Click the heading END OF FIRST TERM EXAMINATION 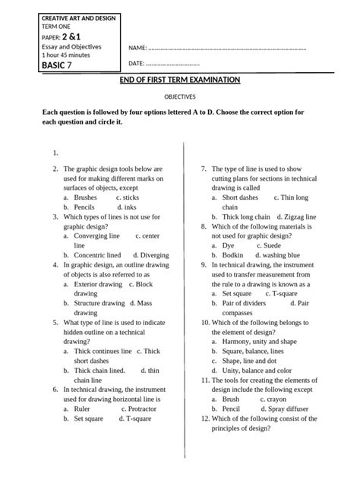click(180, 81)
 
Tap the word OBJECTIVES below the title click(180, 97)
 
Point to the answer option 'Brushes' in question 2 click(85, 197)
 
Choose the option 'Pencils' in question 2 click(84, 207)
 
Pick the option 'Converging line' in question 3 click(96, 236)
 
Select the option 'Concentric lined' click(97, 256)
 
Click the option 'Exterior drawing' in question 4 click(98, 284)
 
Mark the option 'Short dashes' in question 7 click(240, 197)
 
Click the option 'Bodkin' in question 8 click(232, 256)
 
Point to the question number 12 click(204, 418)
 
